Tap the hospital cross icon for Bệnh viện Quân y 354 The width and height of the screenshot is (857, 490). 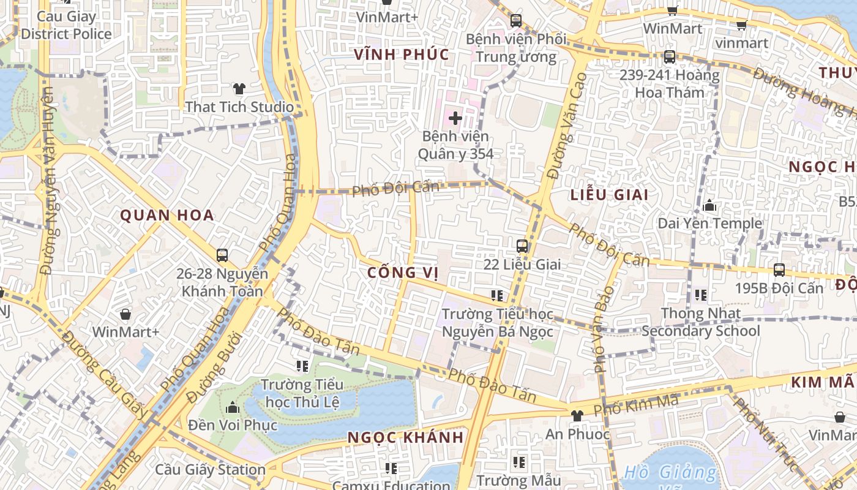pyautogui.click(x=455, y=117)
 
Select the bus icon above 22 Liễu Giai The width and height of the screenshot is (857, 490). pyautogui.click(x=522, y=246)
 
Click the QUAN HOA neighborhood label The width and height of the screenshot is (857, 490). pyautogui.click(x=167, y=215)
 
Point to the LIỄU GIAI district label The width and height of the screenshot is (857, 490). pyautogui.click(x=609, y=195)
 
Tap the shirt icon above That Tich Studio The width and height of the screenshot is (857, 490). pyautogui.click(x=239, y=89)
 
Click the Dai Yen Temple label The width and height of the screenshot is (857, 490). pyautogui.click(x=709, y=223)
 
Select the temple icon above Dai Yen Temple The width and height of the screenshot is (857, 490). pyautogui.click(x=709, y=206)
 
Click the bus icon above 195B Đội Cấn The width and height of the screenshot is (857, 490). pyautogui.click(x=779, y=269)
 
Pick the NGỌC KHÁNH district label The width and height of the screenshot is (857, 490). pyautogui.click(x=406, y=437)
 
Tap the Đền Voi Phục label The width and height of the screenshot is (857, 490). pyautogui.click(x=233, y=424)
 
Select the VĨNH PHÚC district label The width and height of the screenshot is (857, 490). pyautogui.click(x=402, y=55)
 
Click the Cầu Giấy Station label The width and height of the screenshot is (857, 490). pyautogui.click(x=210, y=470)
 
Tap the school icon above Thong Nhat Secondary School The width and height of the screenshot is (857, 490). pyautogui.click(x=700, y=295)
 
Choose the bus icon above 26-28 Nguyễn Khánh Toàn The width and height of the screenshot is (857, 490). pyautogui.click(x=222, y=255)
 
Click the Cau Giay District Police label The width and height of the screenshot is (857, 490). pyautogui.click(x=66, y=25)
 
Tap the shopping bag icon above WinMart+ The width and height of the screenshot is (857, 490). pyautogui.click(x=125, y=314)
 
